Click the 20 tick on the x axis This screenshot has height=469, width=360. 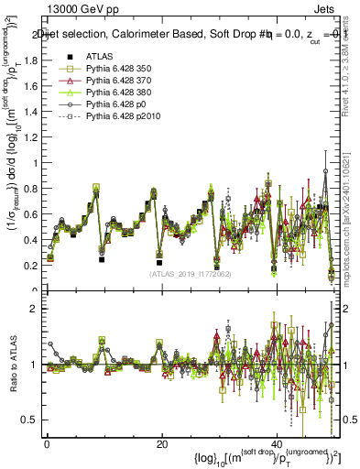[162, 443]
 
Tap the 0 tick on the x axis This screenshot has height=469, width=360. [47, 443]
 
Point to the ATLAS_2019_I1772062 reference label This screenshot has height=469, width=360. [189, 273]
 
